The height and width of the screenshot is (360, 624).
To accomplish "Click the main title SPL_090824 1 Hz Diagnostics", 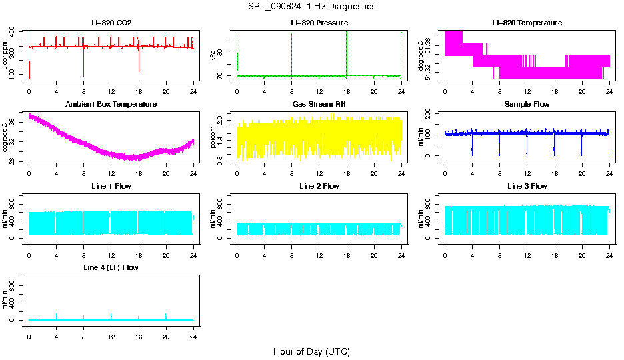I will (311, 7).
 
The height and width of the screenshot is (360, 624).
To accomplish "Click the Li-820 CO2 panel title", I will (111, 23).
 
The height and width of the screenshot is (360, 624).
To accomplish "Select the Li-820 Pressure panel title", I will (319, 23).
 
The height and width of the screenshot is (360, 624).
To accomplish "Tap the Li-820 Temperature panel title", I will (527, 23).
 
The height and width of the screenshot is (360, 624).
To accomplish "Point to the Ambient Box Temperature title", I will (111, 105).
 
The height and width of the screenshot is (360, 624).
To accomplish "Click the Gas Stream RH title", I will (319, 105).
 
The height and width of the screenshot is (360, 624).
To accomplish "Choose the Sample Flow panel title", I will (527, 105).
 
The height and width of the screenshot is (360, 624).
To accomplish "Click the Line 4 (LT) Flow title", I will (111, 267).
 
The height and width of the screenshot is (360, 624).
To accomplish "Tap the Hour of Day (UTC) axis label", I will (311, 351).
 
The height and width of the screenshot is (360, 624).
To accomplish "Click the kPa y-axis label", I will (213, 56).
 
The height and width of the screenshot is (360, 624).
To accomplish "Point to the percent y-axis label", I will (213, 137).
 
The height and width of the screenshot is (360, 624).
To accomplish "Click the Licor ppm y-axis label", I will (5, 56).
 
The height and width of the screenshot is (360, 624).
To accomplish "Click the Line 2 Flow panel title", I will (319, 186).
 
